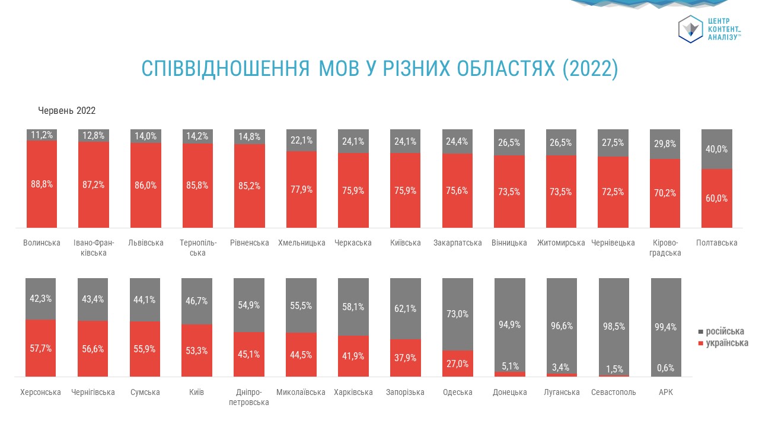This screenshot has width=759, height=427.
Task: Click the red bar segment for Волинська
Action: [x=42, y=184]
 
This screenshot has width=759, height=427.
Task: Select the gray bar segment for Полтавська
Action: [x=717, y=149]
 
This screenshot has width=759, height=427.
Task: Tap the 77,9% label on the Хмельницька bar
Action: [x=301, y=189]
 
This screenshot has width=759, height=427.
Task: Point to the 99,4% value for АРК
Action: [x=665, y=327]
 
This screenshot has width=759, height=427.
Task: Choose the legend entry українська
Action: [x=723, y=343]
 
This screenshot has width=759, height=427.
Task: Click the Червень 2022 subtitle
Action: [x=67, y=110]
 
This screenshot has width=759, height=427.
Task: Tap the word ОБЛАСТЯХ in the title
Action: [x=506, y=68]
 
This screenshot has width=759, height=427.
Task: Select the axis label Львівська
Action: [x=146, y=243]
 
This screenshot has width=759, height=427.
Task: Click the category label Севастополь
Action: [x=613, y=392]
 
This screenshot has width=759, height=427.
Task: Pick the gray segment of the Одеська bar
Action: [x=457, y=314]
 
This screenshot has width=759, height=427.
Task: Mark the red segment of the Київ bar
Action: [x=197, y=350]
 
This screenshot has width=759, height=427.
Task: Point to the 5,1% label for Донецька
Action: [x=510, y=366]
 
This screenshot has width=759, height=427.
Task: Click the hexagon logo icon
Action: [x=690, y=29]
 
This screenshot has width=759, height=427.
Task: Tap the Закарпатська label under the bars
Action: [x=457, y=243]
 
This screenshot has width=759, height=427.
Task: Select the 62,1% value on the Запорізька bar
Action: [x=405, y=308]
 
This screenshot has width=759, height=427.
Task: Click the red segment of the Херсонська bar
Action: [x=41, y=348]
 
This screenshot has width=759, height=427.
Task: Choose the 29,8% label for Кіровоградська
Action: [x=665, y=144]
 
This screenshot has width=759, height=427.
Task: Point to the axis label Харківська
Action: [x=353, y=392]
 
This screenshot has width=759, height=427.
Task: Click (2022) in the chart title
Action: [x=590, y=69]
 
